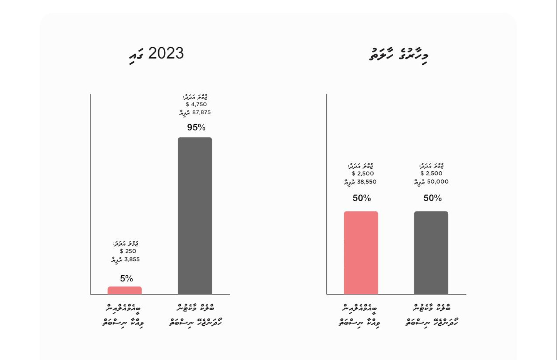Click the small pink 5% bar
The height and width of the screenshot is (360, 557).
point(125,290)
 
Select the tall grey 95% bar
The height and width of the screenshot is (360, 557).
point(195,215)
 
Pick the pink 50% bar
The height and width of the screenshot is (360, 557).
point(361,253)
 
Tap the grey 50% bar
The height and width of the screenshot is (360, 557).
point(431,253)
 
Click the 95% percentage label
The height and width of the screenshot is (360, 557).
point(196,127)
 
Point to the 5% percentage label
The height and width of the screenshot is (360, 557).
point(126,279)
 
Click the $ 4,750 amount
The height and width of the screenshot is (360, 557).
point(196,104)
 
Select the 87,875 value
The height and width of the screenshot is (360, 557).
point(201,112)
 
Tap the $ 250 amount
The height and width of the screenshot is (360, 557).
point(128,251)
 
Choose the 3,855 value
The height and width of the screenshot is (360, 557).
point(132,259)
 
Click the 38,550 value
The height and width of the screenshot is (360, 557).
point(367,182)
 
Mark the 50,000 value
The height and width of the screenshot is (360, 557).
point(437,182)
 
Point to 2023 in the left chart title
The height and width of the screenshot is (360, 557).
point(166,53)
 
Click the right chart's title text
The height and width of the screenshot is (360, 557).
point(398,54)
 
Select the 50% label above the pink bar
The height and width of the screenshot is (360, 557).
point(362,198)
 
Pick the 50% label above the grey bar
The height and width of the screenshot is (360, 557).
point(433,198)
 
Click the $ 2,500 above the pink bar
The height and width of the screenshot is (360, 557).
point(363,173)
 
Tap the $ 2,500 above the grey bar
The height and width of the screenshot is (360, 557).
point(431,173)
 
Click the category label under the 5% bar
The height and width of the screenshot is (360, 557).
point(123,315)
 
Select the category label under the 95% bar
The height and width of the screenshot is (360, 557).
point(195,315)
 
